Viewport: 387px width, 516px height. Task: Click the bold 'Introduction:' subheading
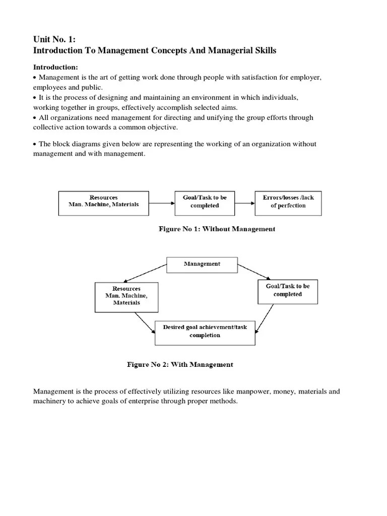point(55,67)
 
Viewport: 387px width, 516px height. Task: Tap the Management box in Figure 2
point(202,264)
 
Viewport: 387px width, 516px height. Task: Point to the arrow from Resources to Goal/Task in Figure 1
point(161,204)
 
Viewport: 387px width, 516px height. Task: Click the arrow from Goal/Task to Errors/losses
point(245,204)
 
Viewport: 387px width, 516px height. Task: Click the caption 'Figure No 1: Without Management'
point(217,229)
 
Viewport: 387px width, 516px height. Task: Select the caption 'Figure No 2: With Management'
point(180,365)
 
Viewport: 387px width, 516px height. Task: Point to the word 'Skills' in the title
point(263,51)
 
